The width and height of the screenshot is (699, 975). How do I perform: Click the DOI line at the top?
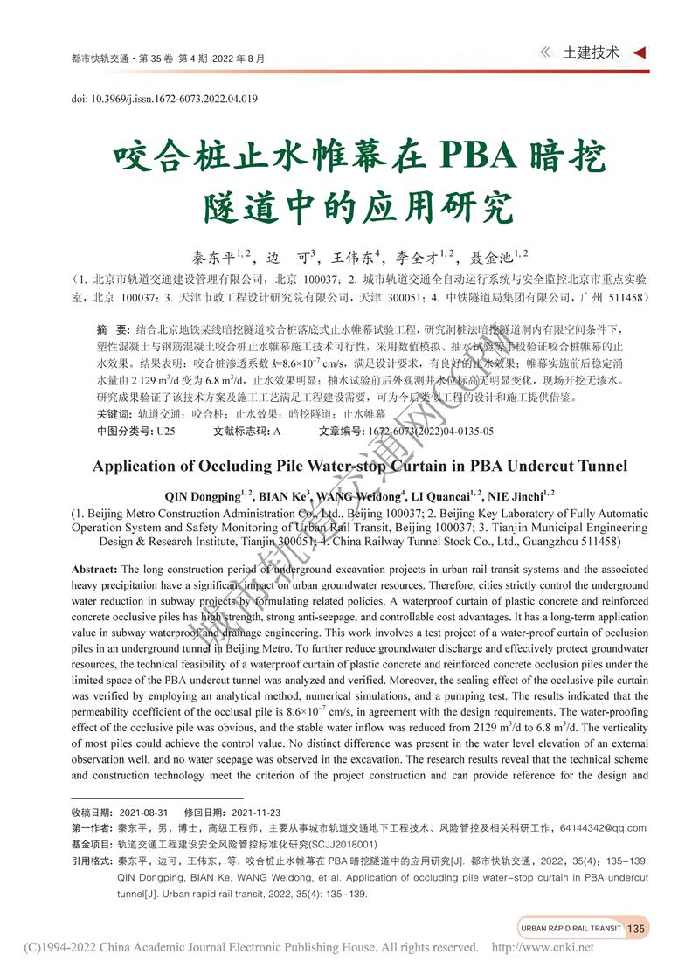coord(163,100)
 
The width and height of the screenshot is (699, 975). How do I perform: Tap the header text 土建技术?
coord(592,52)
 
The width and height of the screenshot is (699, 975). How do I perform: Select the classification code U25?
coord(166,431)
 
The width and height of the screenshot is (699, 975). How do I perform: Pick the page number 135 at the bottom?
coord(635,928)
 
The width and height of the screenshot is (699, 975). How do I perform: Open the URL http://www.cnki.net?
coord(543,947)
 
